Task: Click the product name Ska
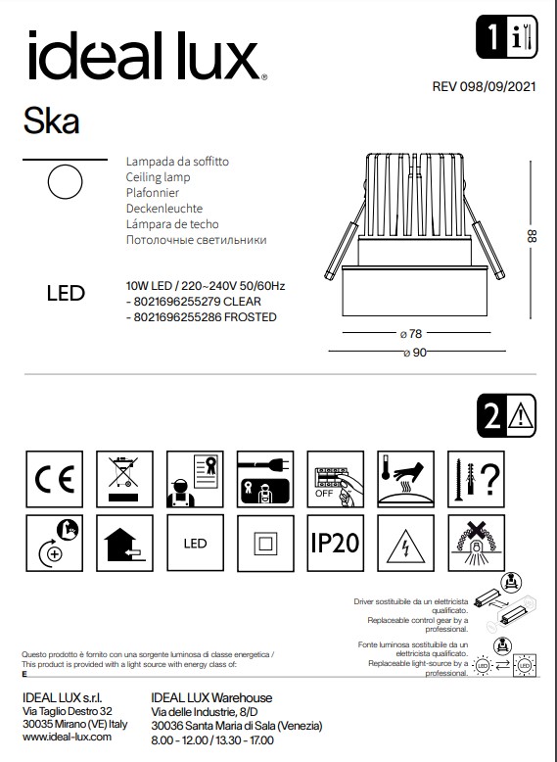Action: pos(51,121)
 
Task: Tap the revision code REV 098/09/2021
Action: pos(486,86)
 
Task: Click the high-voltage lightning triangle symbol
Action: pos(403,543)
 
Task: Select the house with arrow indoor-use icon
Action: pos(120,543)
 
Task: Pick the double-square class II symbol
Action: pos(261,543)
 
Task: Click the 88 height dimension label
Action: pos(533,236)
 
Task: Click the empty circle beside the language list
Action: pos(65,182)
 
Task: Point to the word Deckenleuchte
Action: pos(164,209)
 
